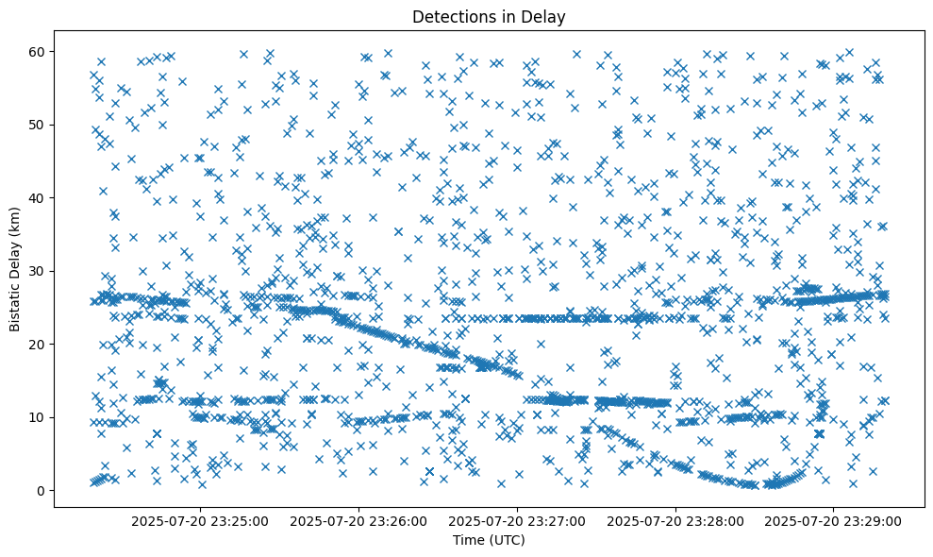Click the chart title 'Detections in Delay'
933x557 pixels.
489,16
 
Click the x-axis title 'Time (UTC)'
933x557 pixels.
489,540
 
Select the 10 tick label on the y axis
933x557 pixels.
40,417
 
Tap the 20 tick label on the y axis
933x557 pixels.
40,344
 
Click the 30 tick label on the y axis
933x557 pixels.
40,271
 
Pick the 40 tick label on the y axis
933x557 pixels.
40,197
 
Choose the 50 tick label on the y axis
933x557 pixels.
40,125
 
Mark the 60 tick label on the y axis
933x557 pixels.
40,51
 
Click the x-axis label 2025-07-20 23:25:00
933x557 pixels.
201,519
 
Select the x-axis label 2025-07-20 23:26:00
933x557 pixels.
359,519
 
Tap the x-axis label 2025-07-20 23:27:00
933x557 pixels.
518,519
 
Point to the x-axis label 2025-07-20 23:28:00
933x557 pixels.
675,519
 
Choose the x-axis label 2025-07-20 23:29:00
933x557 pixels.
834,519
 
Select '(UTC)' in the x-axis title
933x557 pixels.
507,540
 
